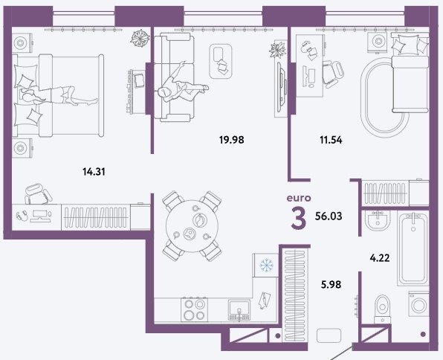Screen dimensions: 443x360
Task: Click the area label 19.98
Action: coord(231,140)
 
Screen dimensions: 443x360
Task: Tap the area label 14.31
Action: coord(94,171)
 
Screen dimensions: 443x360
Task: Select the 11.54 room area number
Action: coord(331,140)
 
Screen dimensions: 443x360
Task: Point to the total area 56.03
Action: coord(329,216)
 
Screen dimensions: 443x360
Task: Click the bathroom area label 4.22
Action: coord(380,257)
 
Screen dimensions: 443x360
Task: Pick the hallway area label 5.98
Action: coord(331,284)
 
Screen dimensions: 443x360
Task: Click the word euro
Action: coord(299,198)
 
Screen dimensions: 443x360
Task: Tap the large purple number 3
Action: coord(299,218)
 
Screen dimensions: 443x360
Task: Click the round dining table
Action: coord(192,226)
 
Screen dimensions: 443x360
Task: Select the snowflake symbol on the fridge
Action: coord(266,265)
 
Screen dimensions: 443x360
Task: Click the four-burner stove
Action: coord(195,309)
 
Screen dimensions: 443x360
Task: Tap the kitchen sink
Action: coord(239,310)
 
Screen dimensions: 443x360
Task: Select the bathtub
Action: coord(413,249)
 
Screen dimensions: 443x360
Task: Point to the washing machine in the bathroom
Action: coord(418,306)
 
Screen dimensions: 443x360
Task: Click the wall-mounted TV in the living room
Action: coord(282,86)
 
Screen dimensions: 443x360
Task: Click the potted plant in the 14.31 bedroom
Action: coord(140,38)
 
